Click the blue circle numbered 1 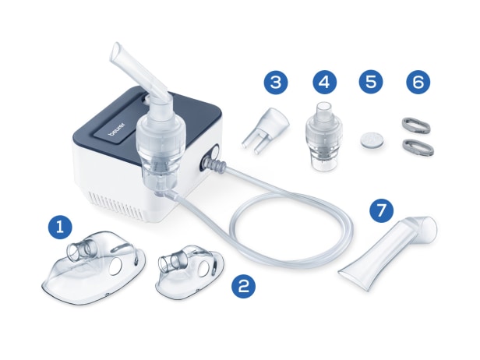pos(60,228)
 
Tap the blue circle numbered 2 pos(243,286)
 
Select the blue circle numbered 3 pos(276,82)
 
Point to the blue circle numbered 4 pos(325,82)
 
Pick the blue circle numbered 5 pos(371,82)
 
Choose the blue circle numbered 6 pos(418,82)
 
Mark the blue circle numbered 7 pos(382,210)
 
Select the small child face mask pos(190,271)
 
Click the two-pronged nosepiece pos(266,129)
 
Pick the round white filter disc pos(370,140)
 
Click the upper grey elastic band pos(416,125)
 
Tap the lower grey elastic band pos(418,146)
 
